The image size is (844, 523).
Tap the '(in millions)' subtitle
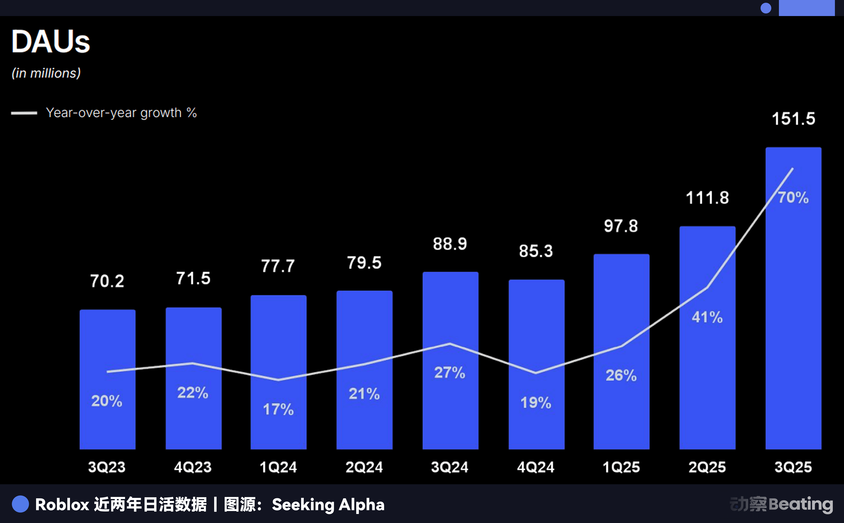point(46,73)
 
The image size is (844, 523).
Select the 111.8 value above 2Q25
point(707,198)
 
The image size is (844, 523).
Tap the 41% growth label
point(707,317)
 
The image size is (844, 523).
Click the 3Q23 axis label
point(107,467)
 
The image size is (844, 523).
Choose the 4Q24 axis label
point(536,467)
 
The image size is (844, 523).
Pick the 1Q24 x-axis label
point(278,467)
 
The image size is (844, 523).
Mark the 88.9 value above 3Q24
point(450,244)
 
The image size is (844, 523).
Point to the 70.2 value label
point(107,281)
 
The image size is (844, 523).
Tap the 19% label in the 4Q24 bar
point(536,403)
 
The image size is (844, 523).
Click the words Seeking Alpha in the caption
point(328,505)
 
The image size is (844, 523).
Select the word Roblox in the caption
point(62,505)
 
